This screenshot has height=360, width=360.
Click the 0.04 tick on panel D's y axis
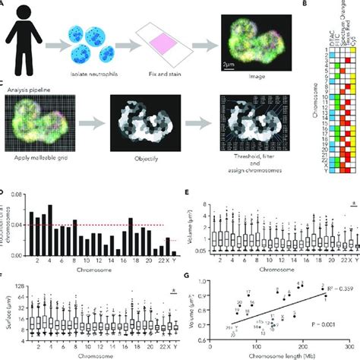point(20,226)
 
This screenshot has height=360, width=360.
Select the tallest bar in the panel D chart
point(50,206)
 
